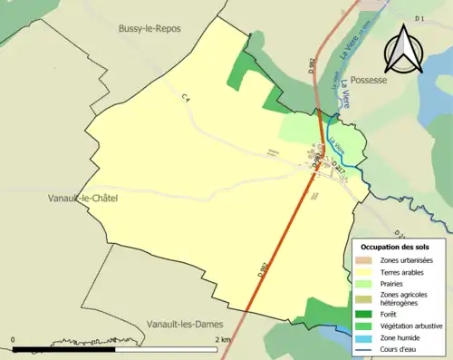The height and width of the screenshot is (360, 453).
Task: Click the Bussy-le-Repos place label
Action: [x=149, y=29]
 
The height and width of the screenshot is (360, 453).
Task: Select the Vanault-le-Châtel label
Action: [x=87, y=197]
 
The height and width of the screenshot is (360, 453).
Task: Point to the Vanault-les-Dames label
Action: [x=184, y=324]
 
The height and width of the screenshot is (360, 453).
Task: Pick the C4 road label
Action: [x=187, y=98]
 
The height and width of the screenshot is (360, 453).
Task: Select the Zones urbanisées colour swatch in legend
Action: [x=364, y=260]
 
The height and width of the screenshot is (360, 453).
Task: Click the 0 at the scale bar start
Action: [x=13, y=340]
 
